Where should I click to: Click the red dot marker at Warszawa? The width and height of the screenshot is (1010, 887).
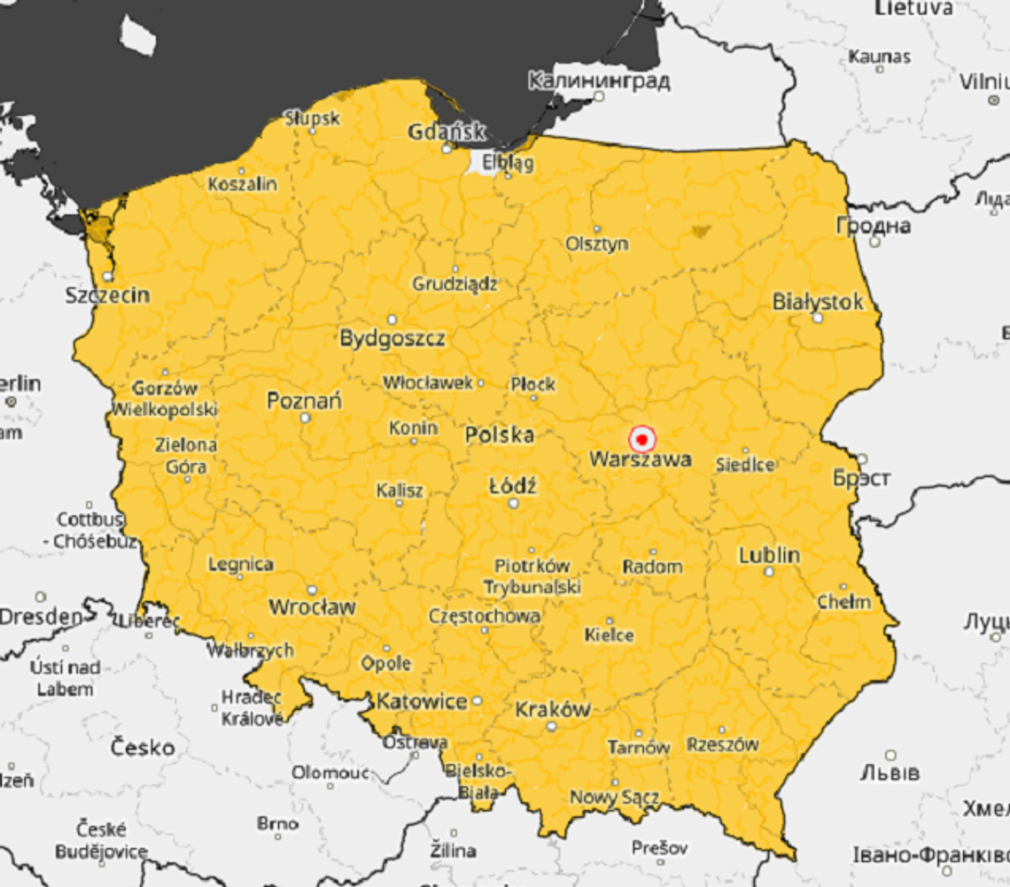point(641,439)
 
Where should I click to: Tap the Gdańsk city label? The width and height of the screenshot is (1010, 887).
point(447,132)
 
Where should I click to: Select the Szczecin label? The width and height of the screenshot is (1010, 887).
point(107,296)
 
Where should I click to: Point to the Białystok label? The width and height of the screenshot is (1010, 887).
point(817,302)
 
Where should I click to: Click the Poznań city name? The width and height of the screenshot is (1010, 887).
point(304,401)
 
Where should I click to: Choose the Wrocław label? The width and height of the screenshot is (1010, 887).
point(312,607)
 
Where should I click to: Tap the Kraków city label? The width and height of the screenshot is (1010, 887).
point(552,709)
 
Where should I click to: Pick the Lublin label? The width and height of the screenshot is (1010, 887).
point(769,555)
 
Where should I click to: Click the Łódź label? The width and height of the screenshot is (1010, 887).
point(513,486)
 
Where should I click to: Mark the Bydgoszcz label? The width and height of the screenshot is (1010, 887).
point(392,338)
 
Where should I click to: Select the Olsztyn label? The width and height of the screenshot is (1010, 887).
point(597,243)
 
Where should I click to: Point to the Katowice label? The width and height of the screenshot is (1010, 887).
point(422,702)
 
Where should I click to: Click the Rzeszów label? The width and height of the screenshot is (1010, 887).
point(722,744)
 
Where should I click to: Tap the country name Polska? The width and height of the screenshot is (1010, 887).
point(500,435)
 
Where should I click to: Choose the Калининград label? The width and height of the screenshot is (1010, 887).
point(599,81)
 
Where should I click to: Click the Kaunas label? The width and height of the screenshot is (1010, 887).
point(879,57)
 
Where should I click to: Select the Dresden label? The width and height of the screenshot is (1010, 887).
point(41,616)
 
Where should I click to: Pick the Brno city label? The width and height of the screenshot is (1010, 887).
point(277,823)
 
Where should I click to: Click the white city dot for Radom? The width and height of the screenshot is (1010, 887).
point(653,552)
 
